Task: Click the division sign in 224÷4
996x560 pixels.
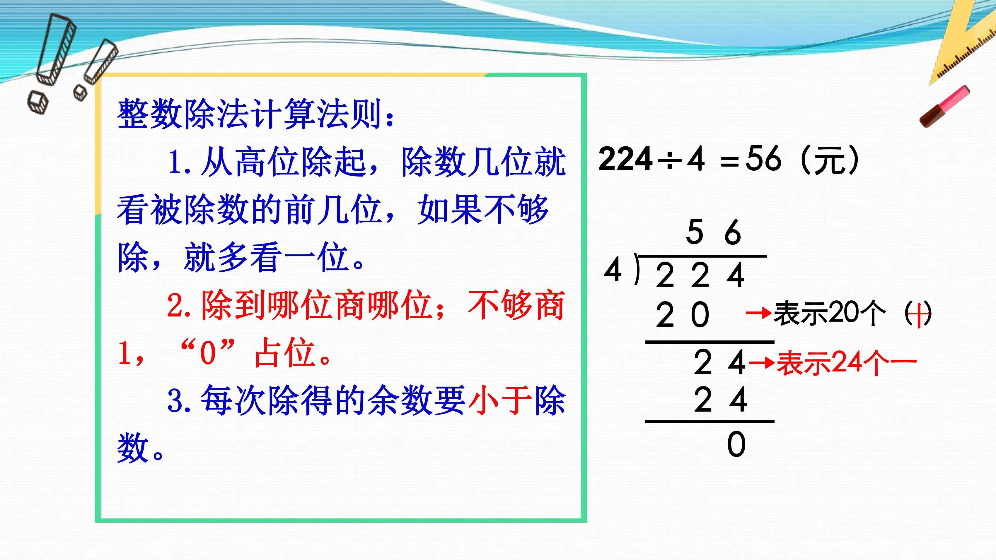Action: tap(669, 159)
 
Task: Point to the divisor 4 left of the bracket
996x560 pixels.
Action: tap(613, 270)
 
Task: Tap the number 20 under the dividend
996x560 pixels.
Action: tap(683, 315)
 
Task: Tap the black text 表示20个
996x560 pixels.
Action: tap(830, 313)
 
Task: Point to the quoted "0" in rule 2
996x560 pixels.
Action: tap(208, 352)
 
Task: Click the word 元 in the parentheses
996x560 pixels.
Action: tap(830, 159)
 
